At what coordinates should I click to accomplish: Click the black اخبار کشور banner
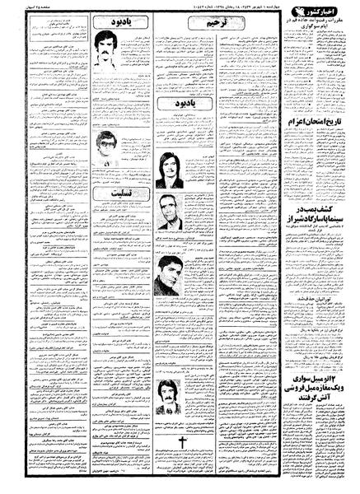(x=320, y=13)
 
